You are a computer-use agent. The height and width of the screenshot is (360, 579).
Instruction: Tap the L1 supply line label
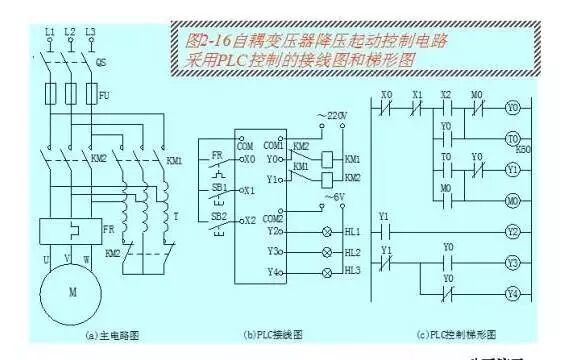(49, 33)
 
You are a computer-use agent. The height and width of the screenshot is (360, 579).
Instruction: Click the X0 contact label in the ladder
(388, 98)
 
